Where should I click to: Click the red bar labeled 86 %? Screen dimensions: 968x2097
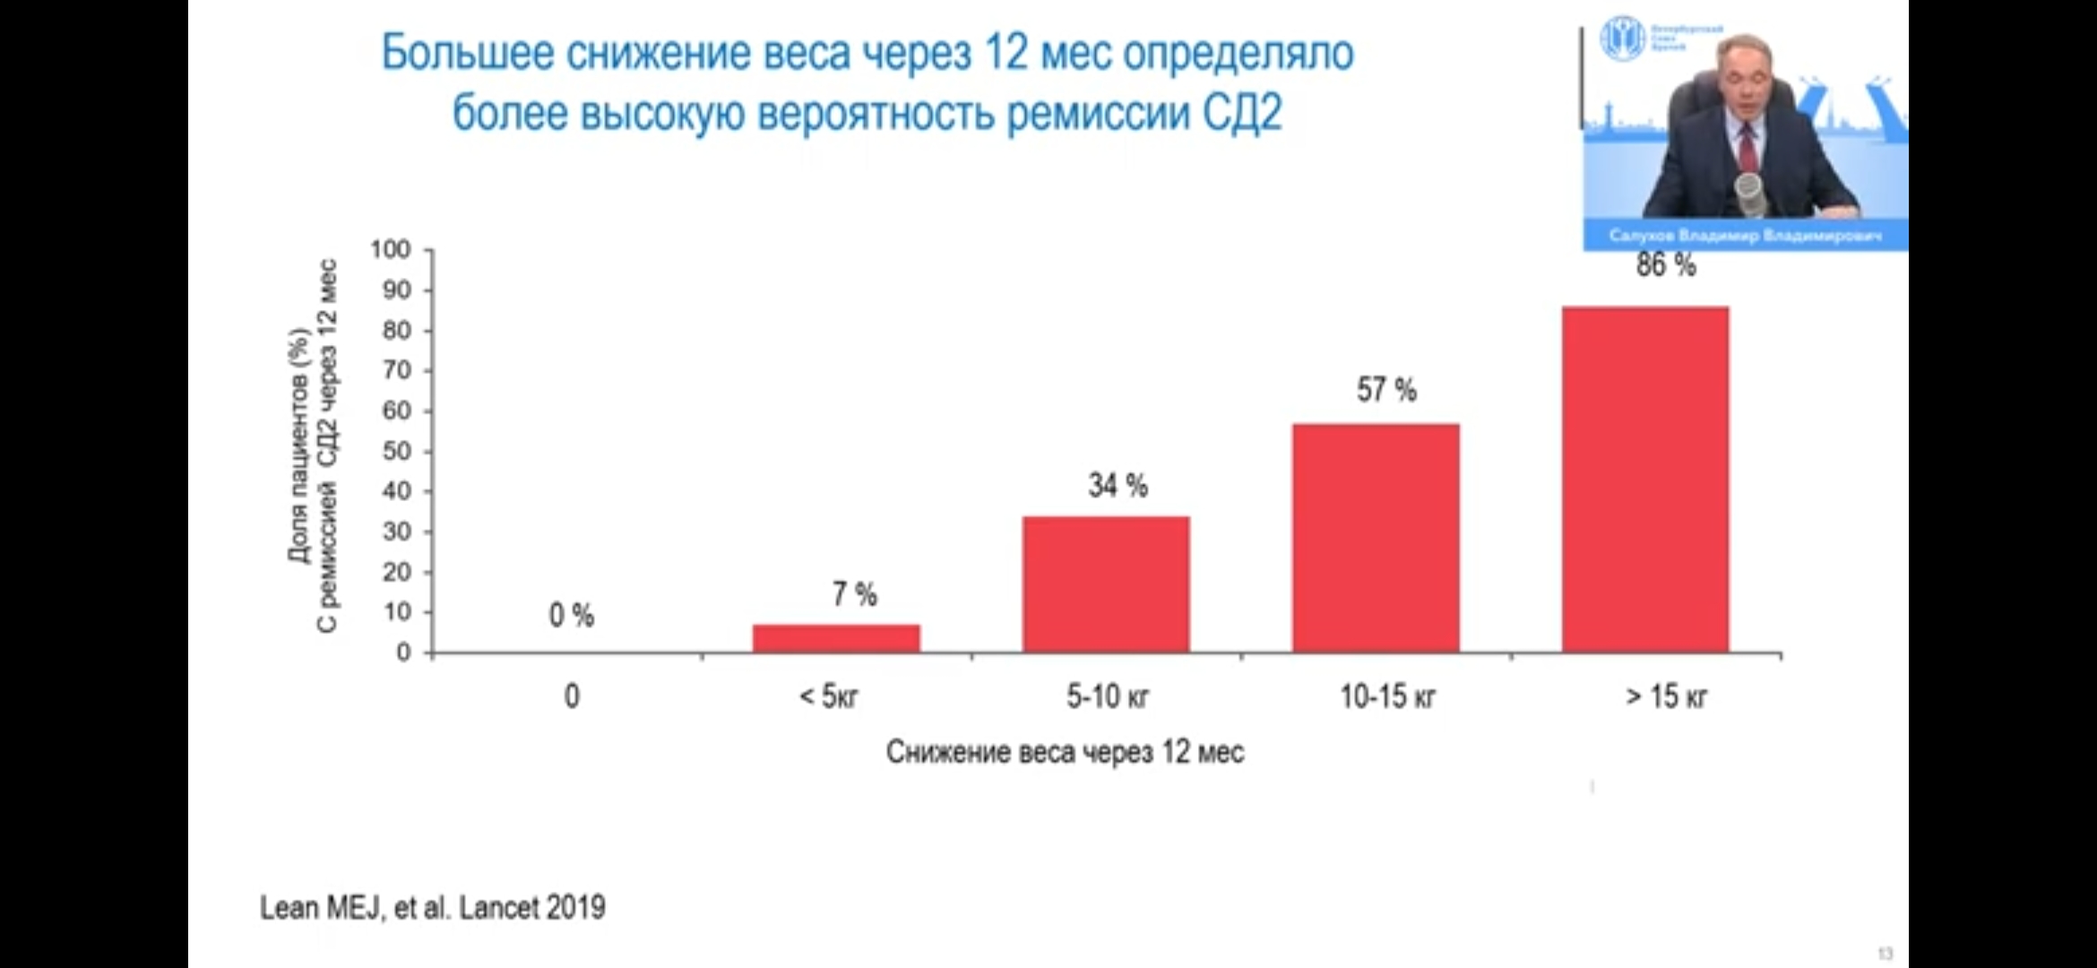(1645, 479)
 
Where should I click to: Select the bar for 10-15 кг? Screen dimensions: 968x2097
(1376, 538)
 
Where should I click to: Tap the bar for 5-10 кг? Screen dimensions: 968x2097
(1106, 584)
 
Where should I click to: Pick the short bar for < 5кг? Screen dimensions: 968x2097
(836, 638)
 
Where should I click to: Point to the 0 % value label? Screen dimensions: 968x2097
(572, 616)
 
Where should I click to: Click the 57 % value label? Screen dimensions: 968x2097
(1386, 390)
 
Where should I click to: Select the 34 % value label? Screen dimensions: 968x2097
(1118, 486)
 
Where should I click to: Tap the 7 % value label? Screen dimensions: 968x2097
(854, 594)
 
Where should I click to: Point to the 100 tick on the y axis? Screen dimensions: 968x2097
(391, 249)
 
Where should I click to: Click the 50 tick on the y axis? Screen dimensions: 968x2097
(396, 451)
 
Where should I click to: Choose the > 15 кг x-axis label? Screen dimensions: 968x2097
(1666, 696)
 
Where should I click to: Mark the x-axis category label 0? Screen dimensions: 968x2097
(572, 696)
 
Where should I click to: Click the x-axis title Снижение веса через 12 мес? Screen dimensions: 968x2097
(1065, 751)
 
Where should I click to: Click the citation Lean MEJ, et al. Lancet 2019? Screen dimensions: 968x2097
(433, 908)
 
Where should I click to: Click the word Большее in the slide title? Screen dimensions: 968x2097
(468, 53)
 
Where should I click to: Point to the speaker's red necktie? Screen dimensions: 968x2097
(1747, 149)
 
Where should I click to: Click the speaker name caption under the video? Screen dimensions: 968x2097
(1745, 236)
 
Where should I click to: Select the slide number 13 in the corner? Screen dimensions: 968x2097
(1886, 954)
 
